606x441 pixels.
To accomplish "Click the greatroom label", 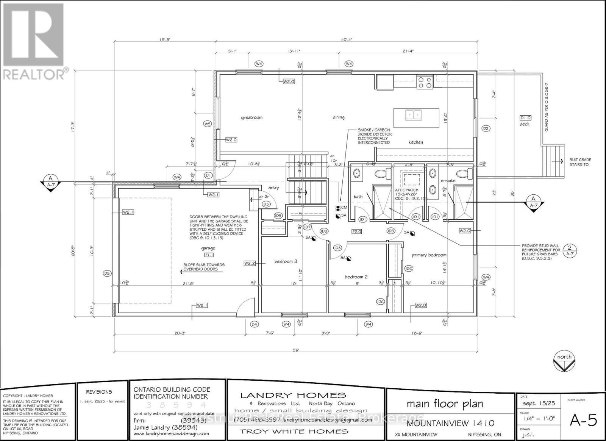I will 251,117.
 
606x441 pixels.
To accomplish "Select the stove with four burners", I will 425,82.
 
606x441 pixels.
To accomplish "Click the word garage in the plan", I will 208,249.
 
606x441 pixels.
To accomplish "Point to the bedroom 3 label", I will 286,261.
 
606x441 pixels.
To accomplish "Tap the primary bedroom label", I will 429,255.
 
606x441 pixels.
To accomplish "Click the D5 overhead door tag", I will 107,273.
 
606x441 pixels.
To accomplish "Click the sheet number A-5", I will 583,421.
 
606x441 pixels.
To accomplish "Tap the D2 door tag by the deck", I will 486,128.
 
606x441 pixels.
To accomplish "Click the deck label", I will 525,124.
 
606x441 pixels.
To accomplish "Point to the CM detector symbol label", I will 344,208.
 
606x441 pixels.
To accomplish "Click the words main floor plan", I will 445,404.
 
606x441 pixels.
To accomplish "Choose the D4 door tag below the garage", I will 255,324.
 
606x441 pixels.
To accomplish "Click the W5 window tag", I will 207,124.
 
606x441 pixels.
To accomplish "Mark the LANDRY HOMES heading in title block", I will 293,396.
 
